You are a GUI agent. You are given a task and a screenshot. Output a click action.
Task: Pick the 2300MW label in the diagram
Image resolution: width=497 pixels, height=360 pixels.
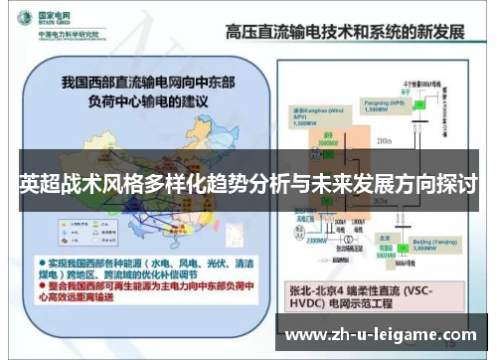317,239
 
